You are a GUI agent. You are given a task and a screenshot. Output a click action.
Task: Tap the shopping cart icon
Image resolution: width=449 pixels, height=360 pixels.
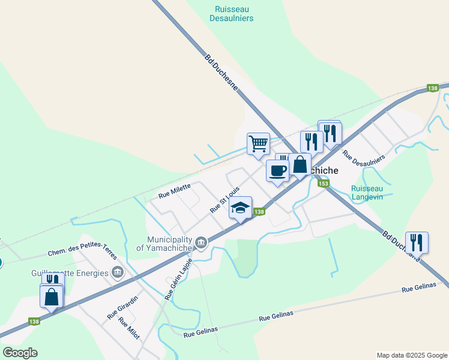tap(258, 143)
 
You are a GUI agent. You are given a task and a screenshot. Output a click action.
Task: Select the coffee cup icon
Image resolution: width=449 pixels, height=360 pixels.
tap(277, 170)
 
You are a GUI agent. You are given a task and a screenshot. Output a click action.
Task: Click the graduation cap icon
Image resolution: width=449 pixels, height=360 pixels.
tap(240, 208)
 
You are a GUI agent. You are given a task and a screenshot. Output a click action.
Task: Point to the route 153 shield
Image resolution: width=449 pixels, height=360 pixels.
tap(324, 184)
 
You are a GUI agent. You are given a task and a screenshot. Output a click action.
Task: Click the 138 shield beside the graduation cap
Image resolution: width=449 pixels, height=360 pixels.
tap(259, 212)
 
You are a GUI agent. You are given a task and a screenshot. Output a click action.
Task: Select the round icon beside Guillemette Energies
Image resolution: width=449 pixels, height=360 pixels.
tap(118, 273)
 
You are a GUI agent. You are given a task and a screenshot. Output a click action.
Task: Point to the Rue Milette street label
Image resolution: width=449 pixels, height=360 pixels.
tap(174, 191)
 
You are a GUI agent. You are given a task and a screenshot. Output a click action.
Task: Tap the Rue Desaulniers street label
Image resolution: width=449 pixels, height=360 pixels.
tap(363, 154)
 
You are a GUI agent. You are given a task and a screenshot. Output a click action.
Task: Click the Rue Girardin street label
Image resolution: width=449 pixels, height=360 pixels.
tap(122, 307)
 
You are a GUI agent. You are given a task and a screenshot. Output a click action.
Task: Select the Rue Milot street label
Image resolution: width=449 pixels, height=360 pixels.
tap(129, 329)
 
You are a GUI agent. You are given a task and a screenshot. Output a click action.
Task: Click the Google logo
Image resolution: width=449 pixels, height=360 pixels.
tap(20, 353)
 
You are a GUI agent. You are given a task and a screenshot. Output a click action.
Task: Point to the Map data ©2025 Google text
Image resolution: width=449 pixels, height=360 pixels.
tap(412, 355)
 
